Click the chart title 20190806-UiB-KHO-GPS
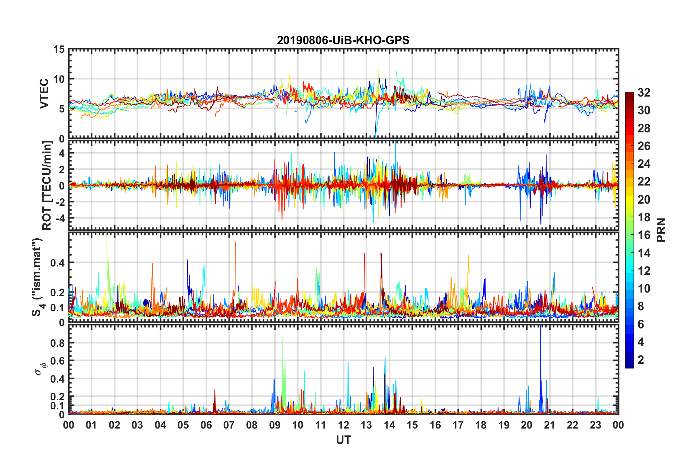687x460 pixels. [x=343, y=40]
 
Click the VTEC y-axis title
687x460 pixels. [x=44, y=93]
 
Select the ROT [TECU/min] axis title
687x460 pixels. [x=47, y=186]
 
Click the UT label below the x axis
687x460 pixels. [x=343, y=440]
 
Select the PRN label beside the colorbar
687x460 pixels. [x=661, y=230]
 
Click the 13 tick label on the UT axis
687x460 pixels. [x=366, y=425]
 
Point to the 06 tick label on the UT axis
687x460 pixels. [x=206, y=425]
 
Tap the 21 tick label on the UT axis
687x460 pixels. [x=549, y=425]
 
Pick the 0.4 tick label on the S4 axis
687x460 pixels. [x=57, y=263]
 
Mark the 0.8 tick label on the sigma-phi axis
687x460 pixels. [x=57, y=343]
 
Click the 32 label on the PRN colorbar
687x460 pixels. [x=644, y=93]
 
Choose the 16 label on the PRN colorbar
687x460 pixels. [x=644, y=235]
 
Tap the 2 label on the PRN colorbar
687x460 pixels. [x=641, y=360]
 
